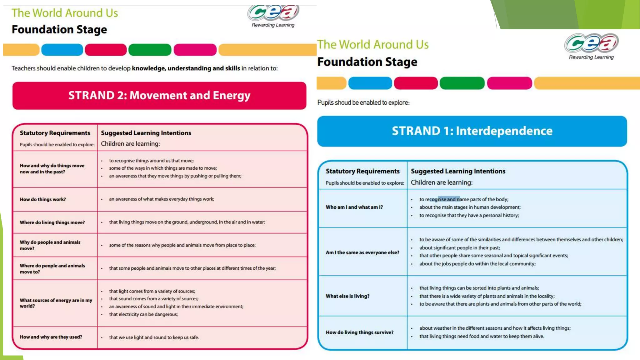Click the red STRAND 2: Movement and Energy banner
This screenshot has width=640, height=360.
pyautogui.click(x=159, y=96)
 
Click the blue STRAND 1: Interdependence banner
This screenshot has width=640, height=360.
pyautogui.click(x=472, y=131)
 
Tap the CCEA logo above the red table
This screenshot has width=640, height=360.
pyautogui.click(x=273, y=14)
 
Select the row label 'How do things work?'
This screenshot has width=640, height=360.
pyautogui.click(x=43, y=199)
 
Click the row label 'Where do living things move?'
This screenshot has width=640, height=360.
pyautogui.click(x=52, y=222)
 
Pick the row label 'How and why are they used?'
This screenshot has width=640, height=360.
pyautogui.click(x=51, y=337)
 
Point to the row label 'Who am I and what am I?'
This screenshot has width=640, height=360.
pyautogui.click(x=354, y=207)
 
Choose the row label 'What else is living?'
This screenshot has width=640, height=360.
pyautogui.click(x=347, y=296)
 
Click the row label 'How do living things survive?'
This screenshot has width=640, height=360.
pyautogui.click(x=359, y=332)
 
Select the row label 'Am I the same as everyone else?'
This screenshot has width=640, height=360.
pyautogui.click(x=362, y=252)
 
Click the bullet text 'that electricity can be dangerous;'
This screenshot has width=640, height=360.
pyautogui.click(x=143, y=314)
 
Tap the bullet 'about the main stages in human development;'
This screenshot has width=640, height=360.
pyautogui.click(x=470, y=207)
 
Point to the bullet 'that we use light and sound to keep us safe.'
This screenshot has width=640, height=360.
pyautogui.click(x=154, y=337)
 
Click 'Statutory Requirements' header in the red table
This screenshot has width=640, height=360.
pyautogui.click(x=55, y=133)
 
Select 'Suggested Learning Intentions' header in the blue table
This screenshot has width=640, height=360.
pyautogui.click(x=458, y=171)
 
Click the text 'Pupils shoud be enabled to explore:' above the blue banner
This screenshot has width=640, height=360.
pyautogui.click(x=363, y=102)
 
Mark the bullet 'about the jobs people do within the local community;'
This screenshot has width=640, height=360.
pyautogui.click(x=477, y=264)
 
